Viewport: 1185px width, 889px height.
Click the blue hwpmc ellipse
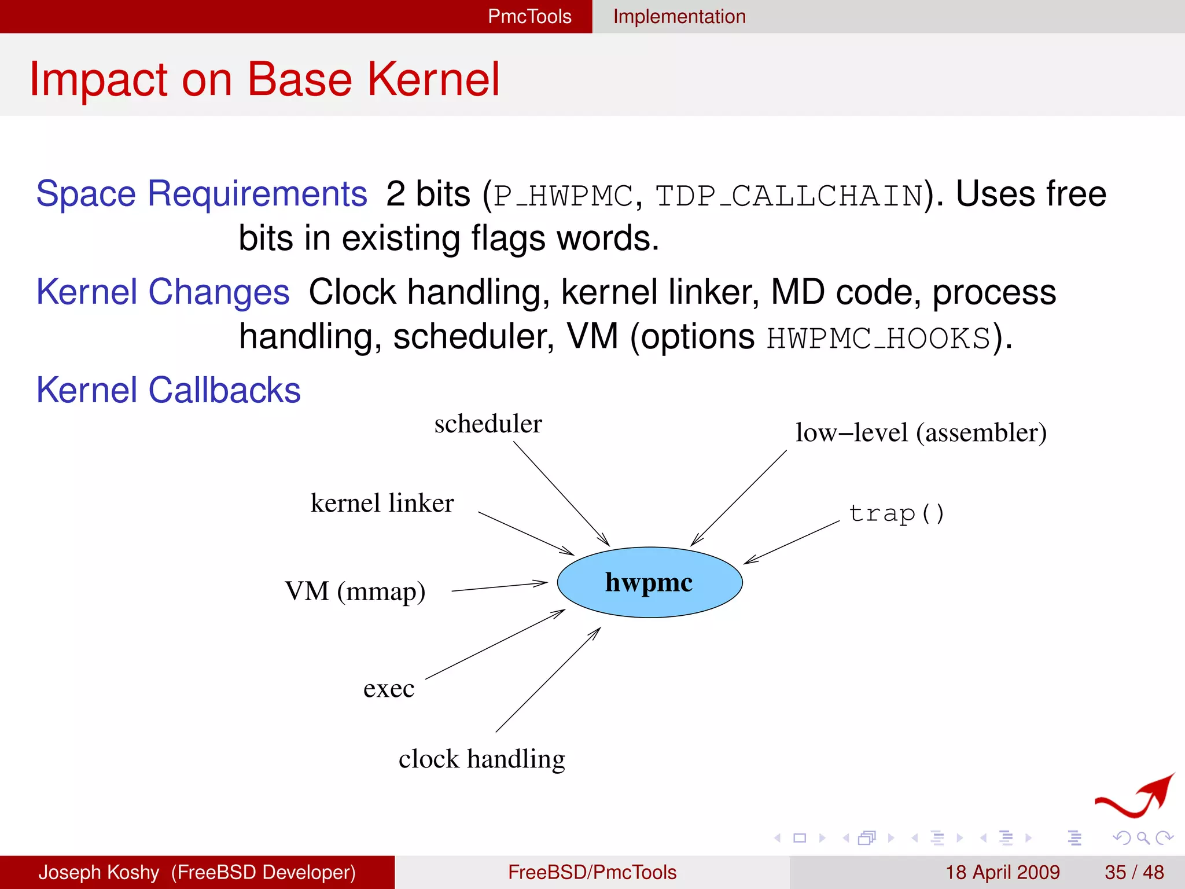(649, 582)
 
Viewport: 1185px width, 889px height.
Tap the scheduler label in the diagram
(488, 424)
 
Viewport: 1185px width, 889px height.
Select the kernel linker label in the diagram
(382, 503)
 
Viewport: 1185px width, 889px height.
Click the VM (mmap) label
(355, 592)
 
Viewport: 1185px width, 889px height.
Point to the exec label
(389, 689)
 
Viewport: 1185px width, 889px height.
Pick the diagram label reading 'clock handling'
(481, 759)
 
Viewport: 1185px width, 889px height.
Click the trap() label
(896, 513)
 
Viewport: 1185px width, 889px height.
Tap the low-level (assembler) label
(921, 433)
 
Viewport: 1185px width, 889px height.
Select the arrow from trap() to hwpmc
(792, 542)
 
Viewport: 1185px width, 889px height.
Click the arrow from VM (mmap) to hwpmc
(499, 587)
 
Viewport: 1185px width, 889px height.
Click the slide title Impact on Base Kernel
(264, 79)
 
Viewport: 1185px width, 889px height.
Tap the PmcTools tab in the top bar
(529, 16)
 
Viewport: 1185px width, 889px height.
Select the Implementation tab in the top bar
(679, 16)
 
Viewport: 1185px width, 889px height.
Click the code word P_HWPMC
(563, 196)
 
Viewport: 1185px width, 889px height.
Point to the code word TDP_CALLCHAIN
(789, 196)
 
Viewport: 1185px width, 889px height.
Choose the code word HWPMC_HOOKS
(879, 338)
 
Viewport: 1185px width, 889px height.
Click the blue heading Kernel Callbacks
(168, 390)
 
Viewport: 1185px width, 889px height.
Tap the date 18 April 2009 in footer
(1002, 872)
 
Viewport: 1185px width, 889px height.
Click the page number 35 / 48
(1134, 872)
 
